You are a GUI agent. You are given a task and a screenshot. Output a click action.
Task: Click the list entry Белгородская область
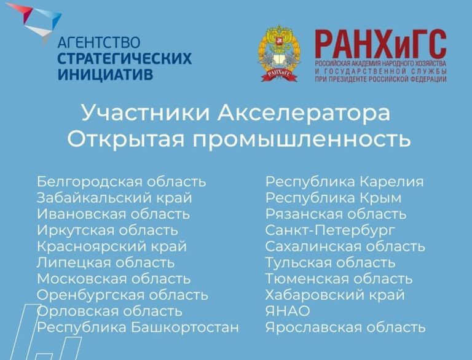[121, 182]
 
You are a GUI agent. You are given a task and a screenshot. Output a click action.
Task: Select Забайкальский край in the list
[114, 198]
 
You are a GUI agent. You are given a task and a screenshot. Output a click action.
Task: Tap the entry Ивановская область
[113, 214]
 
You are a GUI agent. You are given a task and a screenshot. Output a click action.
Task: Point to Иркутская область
[108, 230]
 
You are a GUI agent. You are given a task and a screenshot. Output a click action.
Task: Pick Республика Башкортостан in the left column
[138, 327]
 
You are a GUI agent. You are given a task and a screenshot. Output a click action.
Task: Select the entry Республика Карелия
[344, 182]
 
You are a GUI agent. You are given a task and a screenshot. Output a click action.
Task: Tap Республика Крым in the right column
[333, 198]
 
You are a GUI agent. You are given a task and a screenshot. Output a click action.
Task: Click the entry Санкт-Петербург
[330, 230]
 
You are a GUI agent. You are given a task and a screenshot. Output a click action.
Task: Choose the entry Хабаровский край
[335, 295]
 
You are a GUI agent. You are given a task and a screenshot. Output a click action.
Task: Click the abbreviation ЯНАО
[288, 311]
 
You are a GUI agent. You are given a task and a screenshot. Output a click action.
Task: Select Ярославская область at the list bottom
[345, 327]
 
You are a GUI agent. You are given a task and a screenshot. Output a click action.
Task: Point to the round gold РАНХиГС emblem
[279, 54]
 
